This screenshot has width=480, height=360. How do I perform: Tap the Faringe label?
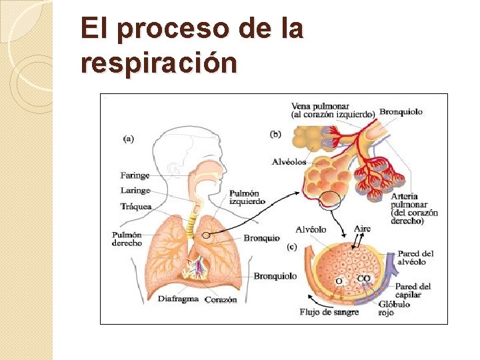[135, 175]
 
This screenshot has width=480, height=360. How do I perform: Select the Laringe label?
[135, 191]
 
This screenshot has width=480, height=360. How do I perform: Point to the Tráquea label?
[136, 207]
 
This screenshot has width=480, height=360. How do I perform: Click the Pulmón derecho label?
[127, 239]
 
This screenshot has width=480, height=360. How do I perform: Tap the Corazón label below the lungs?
[221, 299]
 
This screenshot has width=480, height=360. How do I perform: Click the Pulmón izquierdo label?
[247, 197]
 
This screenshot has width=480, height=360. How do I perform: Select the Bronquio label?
[261, 238]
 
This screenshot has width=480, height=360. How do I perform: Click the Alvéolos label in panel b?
[289, 161]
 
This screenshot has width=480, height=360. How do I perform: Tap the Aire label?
[362, 229]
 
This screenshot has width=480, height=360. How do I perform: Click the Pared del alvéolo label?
[415, 257]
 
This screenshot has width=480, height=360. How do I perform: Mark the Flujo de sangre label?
[329, 312]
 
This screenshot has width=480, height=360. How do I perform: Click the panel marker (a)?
[129, 139]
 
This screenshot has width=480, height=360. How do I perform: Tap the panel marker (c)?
[292, 247]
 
